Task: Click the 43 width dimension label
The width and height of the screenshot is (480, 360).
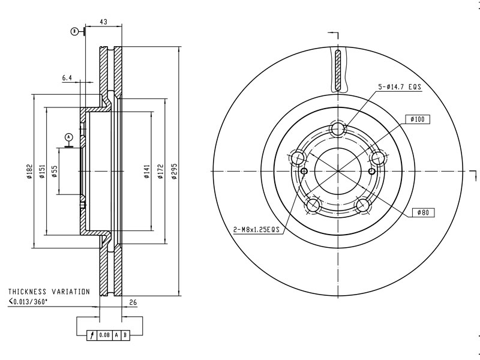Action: [x=103, y=22]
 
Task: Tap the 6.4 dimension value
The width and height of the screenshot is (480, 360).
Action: [x=67, y=78]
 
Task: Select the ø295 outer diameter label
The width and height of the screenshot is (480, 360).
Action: [x=175, y=171]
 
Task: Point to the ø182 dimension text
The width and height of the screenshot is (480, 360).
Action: [x=29, y=171]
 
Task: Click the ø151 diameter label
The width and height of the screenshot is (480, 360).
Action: [x=42, y=171]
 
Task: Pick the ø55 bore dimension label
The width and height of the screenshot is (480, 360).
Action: [x=54, y=172]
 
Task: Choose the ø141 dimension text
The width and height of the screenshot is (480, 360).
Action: [x=147, y=171]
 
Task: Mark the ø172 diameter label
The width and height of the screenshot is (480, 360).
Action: [x=160, y=171]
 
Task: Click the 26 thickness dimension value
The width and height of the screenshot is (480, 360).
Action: [x=133, y=302]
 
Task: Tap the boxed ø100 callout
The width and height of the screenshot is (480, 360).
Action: [x=418, y=119]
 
